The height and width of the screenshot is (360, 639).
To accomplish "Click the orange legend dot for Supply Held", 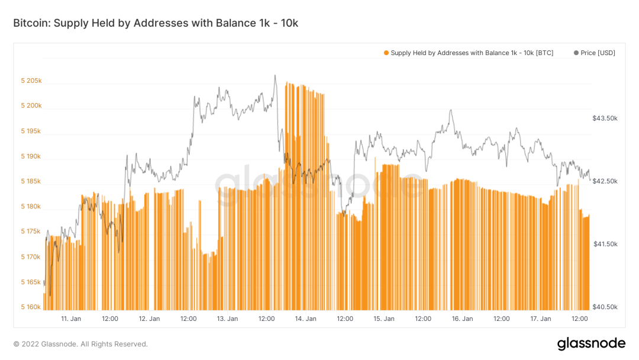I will pyautogui.click(x=386, y=53).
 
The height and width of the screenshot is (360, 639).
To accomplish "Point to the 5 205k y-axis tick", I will pyautogui.click(x=31, y=81).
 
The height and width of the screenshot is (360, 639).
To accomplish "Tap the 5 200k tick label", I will pyautogui.click(x=31, y=106).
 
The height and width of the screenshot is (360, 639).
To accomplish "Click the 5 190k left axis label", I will pyautogui.click(x=31, y=156).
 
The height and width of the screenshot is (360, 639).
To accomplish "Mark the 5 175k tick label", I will pyautogui.click(x=31, y=232).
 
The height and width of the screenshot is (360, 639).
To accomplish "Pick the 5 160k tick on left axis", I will pyautogui.click(x=31, y=307).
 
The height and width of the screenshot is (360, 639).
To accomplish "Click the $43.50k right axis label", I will pyautogui.click(x=605, y=118).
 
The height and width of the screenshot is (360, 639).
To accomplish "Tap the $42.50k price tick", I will pyautogui.click(x=605, y=181).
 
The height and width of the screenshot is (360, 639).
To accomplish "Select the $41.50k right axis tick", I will pyautogui.click(x=605, y=244).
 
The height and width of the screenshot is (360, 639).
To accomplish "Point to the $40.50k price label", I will pyautogui.click(x=605, y=307).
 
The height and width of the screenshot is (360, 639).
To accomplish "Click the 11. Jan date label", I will pyautogui.click(x=71, y=319).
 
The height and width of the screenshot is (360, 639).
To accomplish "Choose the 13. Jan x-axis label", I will pyautogui.click(x=227, y=319).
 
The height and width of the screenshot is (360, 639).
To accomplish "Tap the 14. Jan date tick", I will pyautogui.click(x=306, y=319).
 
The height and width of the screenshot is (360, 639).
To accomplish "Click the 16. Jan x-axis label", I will pyautogui.click(x=462, y=319).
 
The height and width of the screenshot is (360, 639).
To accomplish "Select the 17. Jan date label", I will pyautogui.click(x=540, y=319).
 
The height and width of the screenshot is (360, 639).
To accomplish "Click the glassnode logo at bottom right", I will pyautogui.click(x=591, y=343).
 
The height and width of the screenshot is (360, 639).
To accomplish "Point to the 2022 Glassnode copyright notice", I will pyautogui.click(x=80, y=344).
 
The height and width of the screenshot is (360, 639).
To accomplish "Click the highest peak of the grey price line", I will pyautogui.click(x=275, y=76).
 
